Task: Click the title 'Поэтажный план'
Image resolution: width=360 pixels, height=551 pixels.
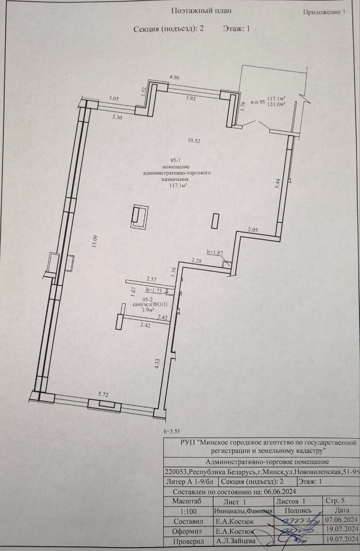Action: click(x=201, y=11)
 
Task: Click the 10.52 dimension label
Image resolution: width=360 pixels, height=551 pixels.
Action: click(x=194, y=141)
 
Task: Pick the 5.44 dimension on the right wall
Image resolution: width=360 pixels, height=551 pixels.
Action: click(x=278, y=183)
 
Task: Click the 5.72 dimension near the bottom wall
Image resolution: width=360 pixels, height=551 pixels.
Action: click(x=103, y=394)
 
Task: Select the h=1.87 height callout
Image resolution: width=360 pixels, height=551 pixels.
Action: click(x=215, y=252)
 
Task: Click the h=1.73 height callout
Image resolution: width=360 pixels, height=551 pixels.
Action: click(x=154, y=290)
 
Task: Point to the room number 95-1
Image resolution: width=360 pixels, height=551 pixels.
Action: click(x=176, y=161)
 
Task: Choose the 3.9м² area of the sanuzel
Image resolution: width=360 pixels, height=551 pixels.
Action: click(x=148, y=310)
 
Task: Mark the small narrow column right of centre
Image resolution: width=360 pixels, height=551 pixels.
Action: click(x=215, y=221)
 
